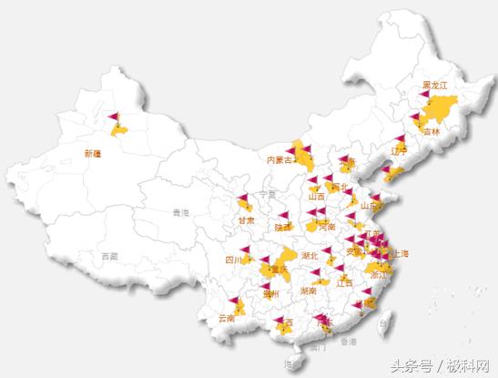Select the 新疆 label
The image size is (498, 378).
(92, 152)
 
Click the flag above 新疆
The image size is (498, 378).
(112, 118)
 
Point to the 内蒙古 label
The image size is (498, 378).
(281, 159)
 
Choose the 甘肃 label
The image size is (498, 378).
(245, 220)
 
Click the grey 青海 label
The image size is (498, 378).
(180, 212)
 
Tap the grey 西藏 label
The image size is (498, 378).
(109, 256)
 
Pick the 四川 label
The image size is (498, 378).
(233, 260)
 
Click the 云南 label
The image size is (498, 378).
(226, 319)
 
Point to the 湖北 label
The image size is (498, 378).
(309, 256)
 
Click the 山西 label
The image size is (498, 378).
(316, 196)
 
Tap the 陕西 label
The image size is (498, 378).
(282, 227)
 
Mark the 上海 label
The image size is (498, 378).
(398, 254)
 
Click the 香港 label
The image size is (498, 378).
(349, 342)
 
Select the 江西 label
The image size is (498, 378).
(345, 282)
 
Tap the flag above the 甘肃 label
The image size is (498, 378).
(243, 199)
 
